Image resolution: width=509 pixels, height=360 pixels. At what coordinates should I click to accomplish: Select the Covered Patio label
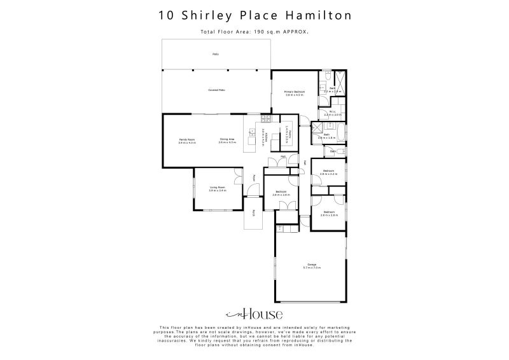pyautogui.click(x=216, y=91)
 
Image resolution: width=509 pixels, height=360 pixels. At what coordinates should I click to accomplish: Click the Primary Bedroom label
pyautogui.click(x=295, y=92)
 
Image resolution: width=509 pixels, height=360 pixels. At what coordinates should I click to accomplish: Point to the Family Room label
pyautogui.click(x=186, y=139)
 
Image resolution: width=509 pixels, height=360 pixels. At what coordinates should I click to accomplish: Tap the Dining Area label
pyautogui.click(x=227, y=139)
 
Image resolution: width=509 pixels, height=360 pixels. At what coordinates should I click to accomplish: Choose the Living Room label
pyautogui.click(x=218, y=188)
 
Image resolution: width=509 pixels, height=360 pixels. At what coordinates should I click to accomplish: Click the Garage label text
pyautogui.click(x=312, y=265)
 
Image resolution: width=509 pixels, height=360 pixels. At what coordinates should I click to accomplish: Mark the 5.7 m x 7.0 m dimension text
pyautogui.click(x=312, y=268)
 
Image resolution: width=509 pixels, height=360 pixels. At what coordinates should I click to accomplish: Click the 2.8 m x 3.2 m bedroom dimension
pyautogui.click(x=329, y=174)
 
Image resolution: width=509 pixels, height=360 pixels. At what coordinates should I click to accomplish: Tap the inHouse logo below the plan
pyautogui.click(x=254, y=314)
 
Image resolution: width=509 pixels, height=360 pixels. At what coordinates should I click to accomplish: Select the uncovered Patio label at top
pyautogui.click(x=216, y=54)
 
